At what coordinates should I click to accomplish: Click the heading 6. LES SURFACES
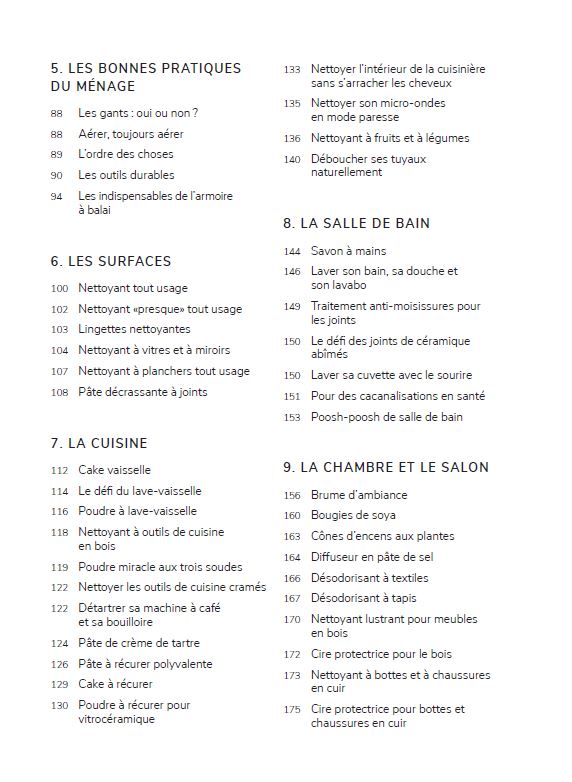click(110, 261)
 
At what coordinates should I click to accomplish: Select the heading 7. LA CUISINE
click(98, 443)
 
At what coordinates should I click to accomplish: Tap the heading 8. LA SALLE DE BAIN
click(356, 223)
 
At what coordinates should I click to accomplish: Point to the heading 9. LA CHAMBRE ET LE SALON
click(386, 467)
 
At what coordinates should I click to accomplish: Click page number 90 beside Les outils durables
click(56, 175)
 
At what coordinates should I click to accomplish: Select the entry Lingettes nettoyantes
click(134, 329)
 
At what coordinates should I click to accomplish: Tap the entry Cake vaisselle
click(115, 470)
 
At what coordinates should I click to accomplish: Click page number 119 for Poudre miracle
click(59, 567)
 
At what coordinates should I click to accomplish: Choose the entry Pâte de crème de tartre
click(139, 643)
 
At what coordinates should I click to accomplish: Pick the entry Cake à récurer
click(115, 684)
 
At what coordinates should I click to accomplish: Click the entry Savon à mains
click(348, 251)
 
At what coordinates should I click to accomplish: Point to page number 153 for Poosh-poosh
click(292, 417)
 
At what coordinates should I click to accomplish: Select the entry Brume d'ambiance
click(359, 495)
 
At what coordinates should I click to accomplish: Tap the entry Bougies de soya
click(352, 516)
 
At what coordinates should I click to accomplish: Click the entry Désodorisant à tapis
click(363, 599)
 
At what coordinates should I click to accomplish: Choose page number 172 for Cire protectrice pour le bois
click(292, 655)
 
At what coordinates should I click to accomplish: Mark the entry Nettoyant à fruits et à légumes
click(389, 138)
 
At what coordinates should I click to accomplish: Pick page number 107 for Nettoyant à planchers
click(59, 371)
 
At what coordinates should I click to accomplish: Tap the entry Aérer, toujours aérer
click(130, 134)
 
